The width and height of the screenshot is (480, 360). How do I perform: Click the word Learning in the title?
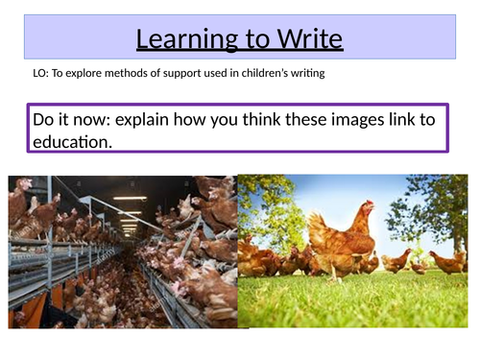[x=181, y=40]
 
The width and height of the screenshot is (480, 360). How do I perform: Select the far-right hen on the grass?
[x=448, y=261]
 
